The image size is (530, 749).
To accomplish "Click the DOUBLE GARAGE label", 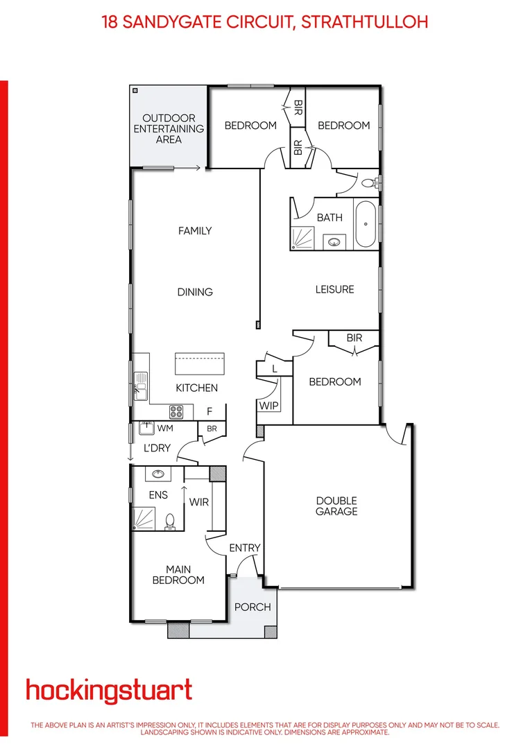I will (x=336, y=506).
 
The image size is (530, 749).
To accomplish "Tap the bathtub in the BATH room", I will (x=366, y=225).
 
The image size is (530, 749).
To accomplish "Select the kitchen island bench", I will (x=200, y=364).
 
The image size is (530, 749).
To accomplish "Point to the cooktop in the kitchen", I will (x=176, y=412).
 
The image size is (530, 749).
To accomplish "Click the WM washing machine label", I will (x=164, y=429).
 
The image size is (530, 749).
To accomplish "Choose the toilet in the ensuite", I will (x=169, y=522).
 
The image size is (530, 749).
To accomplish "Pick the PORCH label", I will (x=253, y=607).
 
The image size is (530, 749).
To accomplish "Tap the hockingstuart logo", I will (x=109, y=691).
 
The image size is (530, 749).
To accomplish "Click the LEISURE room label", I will (x=334, y=289).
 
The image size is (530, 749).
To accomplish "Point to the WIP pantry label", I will (x=268, y=405).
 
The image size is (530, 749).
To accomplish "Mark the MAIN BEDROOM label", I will (x=178, y=575).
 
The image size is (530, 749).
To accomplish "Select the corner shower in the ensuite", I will (x=146, y=517).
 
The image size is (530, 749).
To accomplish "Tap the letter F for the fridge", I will (x=209, y=411).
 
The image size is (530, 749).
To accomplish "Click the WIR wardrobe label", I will (x=200, y=501).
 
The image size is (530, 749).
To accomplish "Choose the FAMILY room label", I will (x=195, y=231).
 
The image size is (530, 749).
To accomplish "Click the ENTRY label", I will (x=245, y=548).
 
